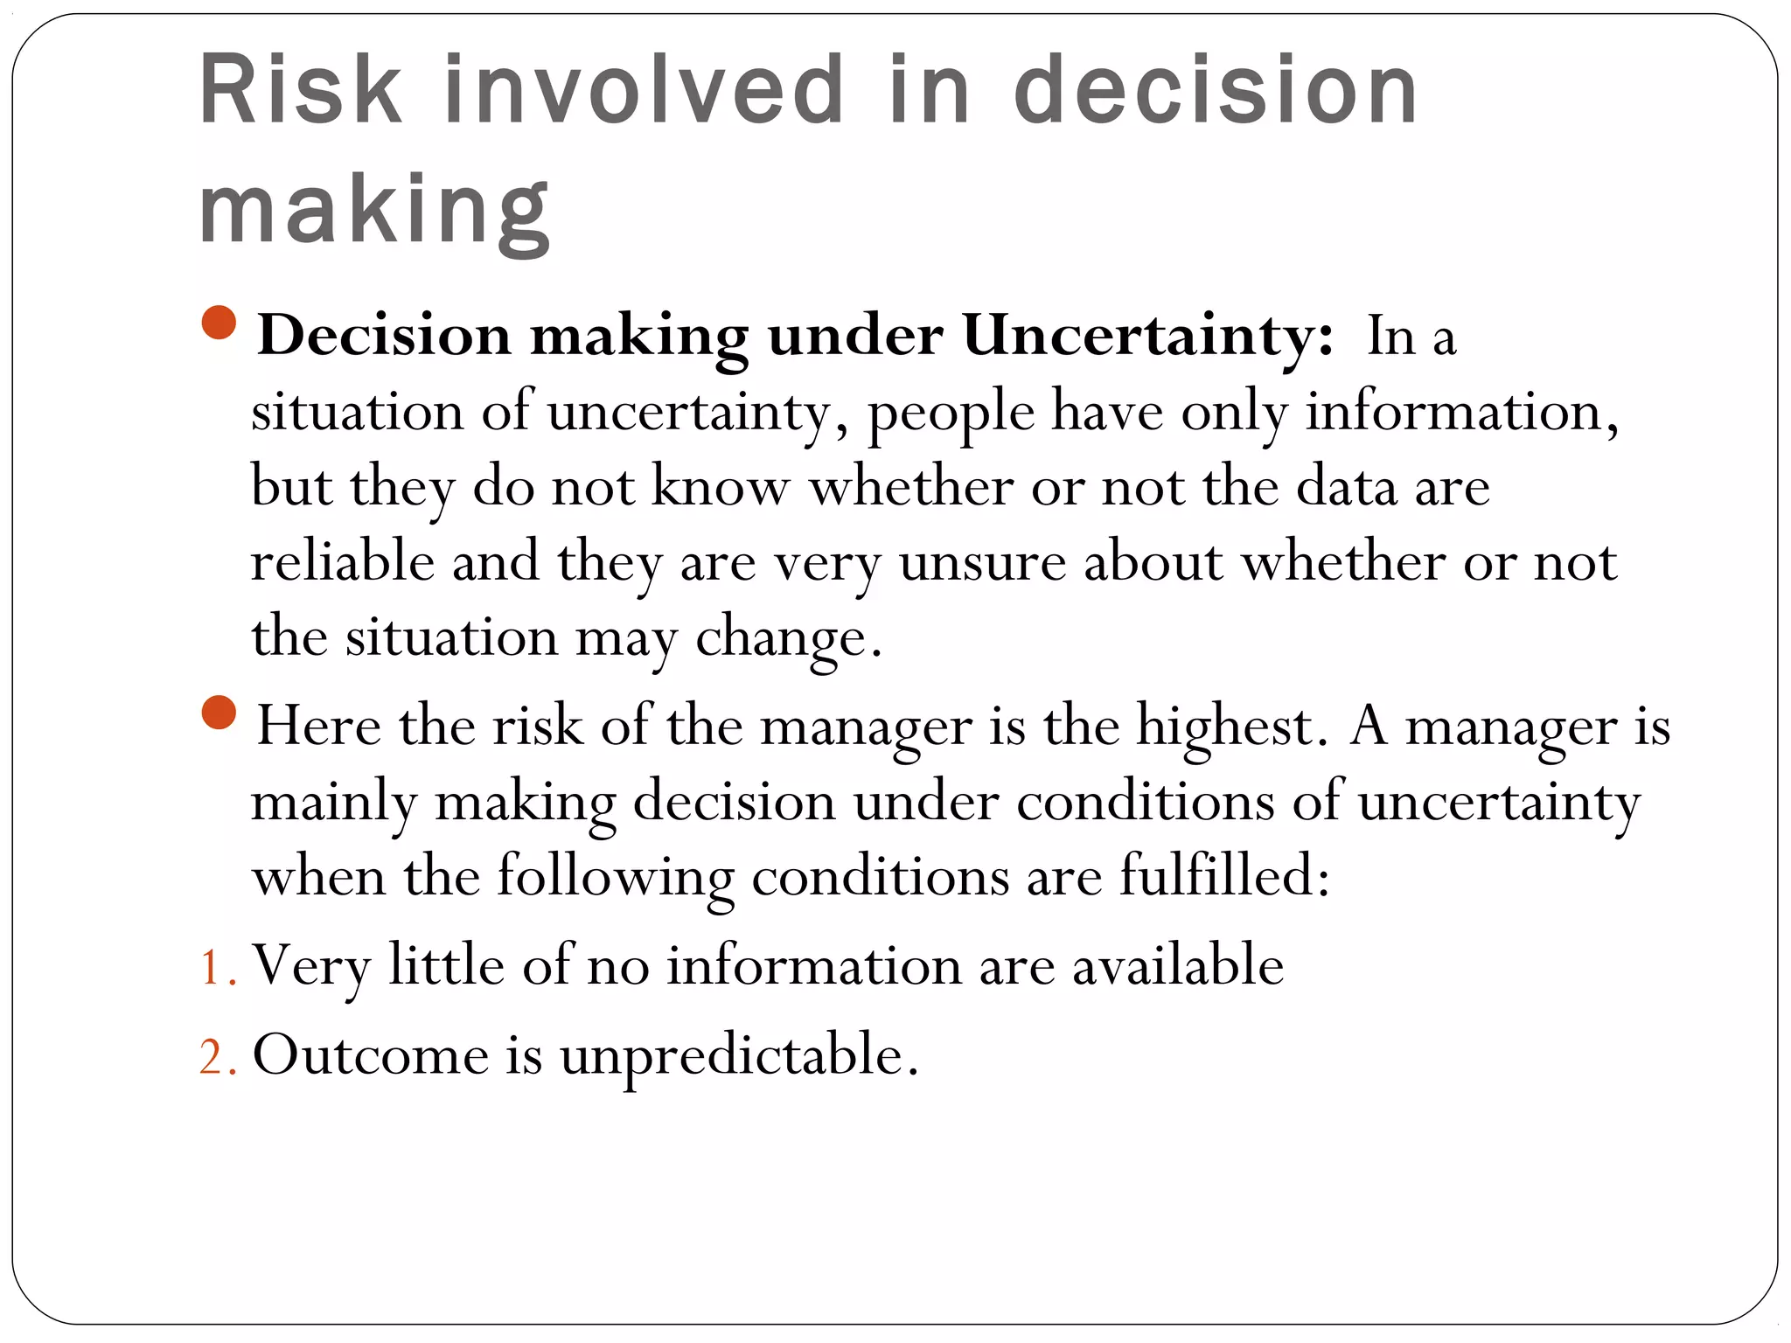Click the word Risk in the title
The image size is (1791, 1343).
300,89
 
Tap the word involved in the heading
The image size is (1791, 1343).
645,89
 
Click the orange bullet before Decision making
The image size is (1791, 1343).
219,323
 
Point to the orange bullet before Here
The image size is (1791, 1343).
219,713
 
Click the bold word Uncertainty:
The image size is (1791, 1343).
1148,335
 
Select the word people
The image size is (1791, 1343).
951,412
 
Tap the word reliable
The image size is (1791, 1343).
343,561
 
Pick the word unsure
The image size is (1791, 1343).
983,561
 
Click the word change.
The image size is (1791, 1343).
787,637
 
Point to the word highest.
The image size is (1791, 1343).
1226,726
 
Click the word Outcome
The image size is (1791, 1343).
371,1054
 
